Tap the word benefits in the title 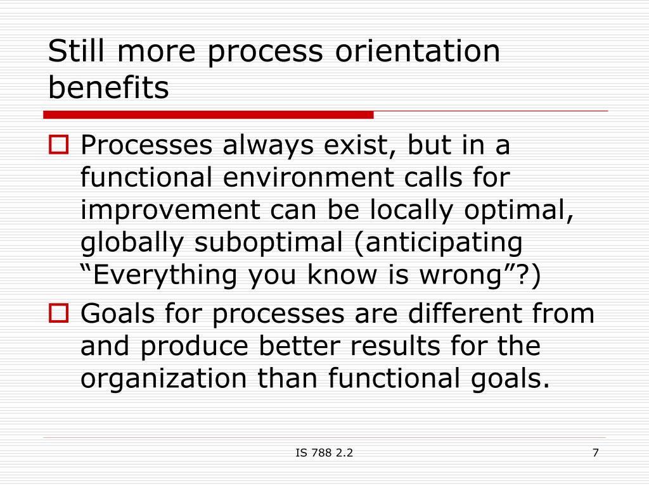click(x=108, y=87)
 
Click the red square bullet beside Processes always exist click(x=58, y=145)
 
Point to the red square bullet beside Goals click(x=58, y=313)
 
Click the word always click(x=268, y=146)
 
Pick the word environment click(x=308, y=177)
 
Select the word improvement click(x=170, y=210)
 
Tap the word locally click(x=411, y=210)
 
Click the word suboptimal click(x=269, y=242)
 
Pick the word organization click(x=164, y=378)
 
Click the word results click(x=395, y=346)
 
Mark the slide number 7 click(x=596, y=453)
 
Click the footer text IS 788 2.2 click(x=324, y=453)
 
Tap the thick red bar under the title click(x=208, y=115)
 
